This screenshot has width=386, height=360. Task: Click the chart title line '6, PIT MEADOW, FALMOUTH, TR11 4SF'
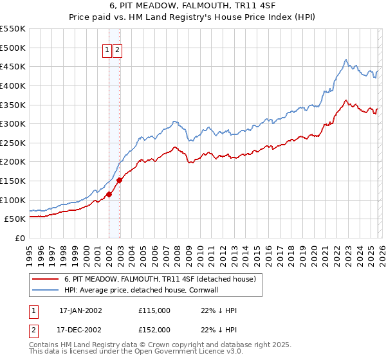[193, 6]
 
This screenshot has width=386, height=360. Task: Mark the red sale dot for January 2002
[109, 194]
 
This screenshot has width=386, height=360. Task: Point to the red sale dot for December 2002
[120, 180]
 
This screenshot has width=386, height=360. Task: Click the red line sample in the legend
[46, 279]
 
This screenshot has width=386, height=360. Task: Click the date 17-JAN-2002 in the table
[80, 310]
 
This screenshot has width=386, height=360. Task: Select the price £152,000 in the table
[154, 330]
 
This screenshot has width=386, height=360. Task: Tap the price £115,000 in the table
[154, 310]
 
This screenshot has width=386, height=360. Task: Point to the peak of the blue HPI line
[346, 60]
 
